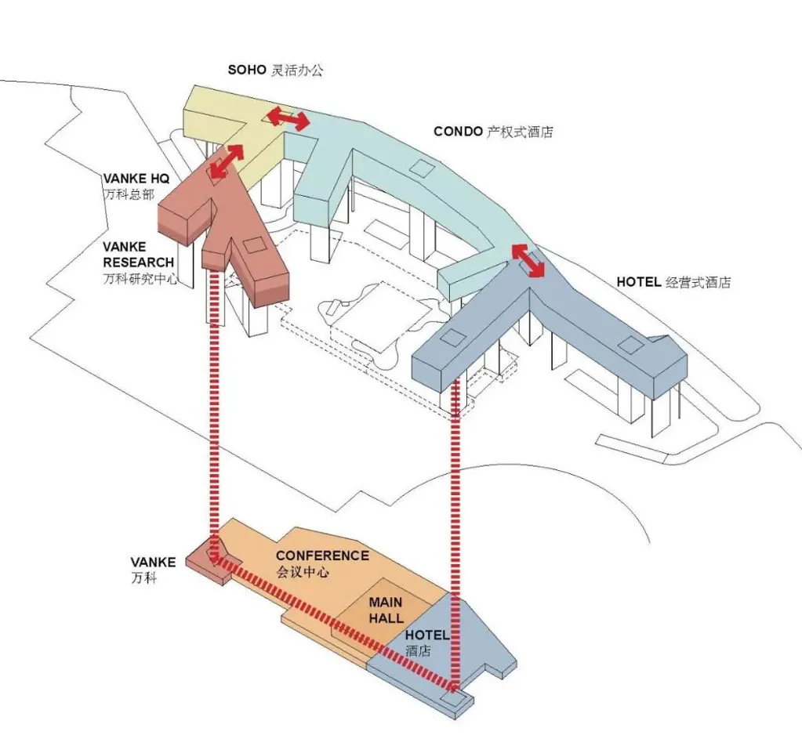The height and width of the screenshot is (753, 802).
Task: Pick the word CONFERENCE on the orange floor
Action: tap(321, 556)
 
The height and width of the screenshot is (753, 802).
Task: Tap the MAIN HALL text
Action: tap(386, 610)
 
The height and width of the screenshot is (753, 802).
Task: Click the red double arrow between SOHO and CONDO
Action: tap(286, 118)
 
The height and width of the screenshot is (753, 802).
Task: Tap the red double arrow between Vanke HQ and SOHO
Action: tap(225, 160)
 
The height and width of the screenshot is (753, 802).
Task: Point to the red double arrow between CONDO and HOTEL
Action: tap(528, 260)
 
